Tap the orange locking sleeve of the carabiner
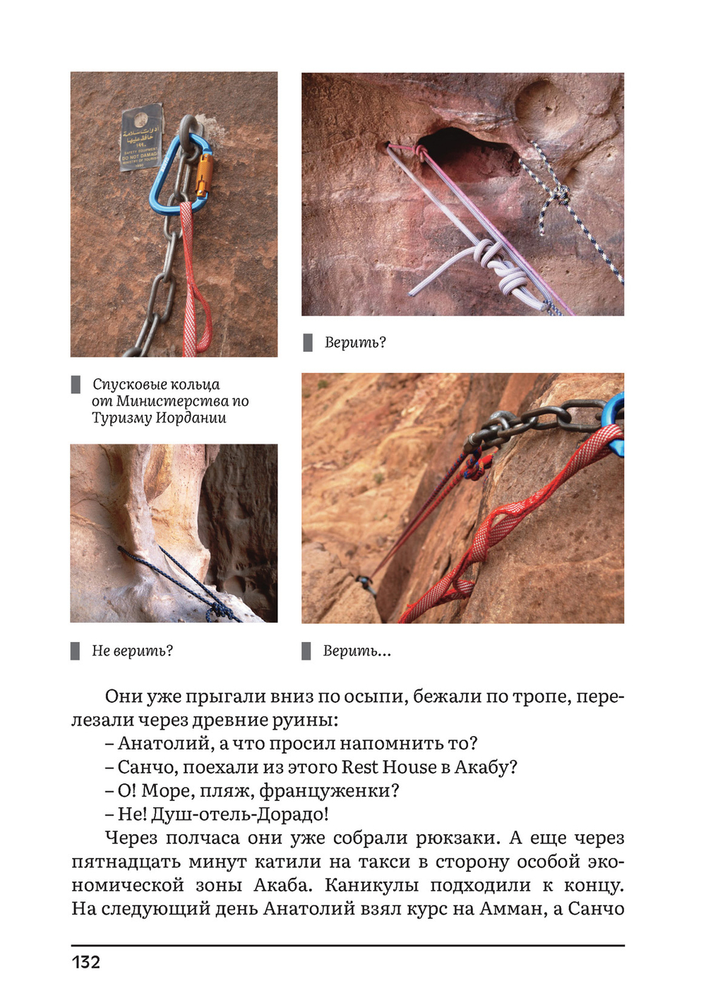coord(203,176)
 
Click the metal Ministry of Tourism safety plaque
coord(141,137)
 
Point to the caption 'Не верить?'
coord(133,651)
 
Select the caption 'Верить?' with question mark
coord(355,343)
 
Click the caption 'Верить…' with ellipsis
coord(357,651)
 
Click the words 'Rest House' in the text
coord(389,767)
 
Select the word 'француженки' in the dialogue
coord(330,791)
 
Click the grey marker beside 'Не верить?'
coord(75,651)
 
